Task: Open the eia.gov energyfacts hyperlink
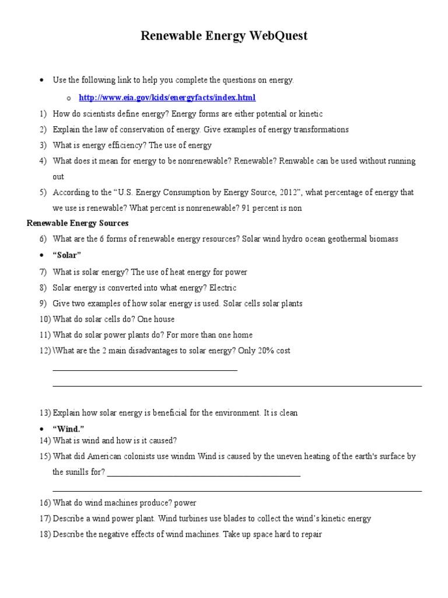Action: (x=167, y=98)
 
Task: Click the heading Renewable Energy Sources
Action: (x=78, y=223)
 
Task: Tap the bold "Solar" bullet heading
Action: (x=67, y=256)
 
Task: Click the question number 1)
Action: (x=43, y=114)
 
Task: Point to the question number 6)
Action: (x=43, y=239)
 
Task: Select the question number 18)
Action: (x=45, y=534)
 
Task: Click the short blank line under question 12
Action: (x=145, y=370)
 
